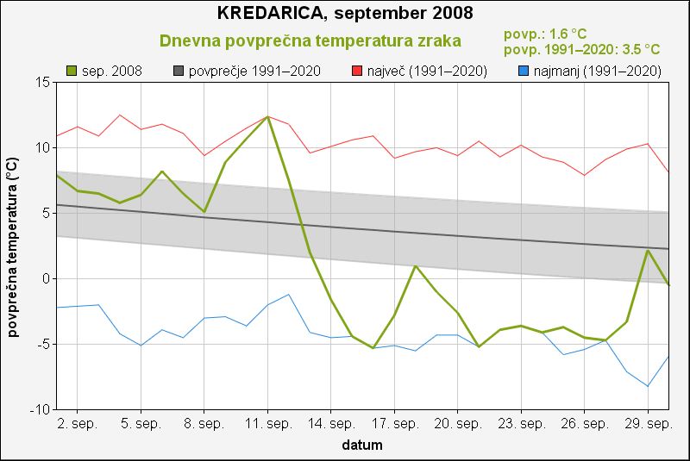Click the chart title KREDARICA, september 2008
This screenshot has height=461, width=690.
[x=345, y=14]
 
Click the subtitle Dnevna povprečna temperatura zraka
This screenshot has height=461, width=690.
[x=310, y=40]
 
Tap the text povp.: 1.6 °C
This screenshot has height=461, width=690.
[x=544, y=34]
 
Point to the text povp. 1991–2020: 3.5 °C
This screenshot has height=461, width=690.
[x=581, y=50]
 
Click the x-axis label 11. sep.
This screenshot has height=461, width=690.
[x=267, y=425]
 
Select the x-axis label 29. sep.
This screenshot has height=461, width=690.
[x=648, y=425]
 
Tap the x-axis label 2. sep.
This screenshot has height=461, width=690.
[x=78, y=425]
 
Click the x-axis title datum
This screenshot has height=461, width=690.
[x=362, y=445]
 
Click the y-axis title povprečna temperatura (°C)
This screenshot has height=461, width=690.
[x=13, y=246]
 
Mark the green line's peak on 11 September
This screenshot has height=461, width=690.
[x=267, y=116]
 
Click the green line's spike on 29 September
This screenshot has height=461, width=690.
[x=648, y=251]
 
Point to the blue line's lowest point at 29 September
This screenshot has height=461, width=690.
[x=648, y=386]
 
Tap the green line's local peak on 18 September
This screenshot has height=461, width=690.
[x=416, y=265]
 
